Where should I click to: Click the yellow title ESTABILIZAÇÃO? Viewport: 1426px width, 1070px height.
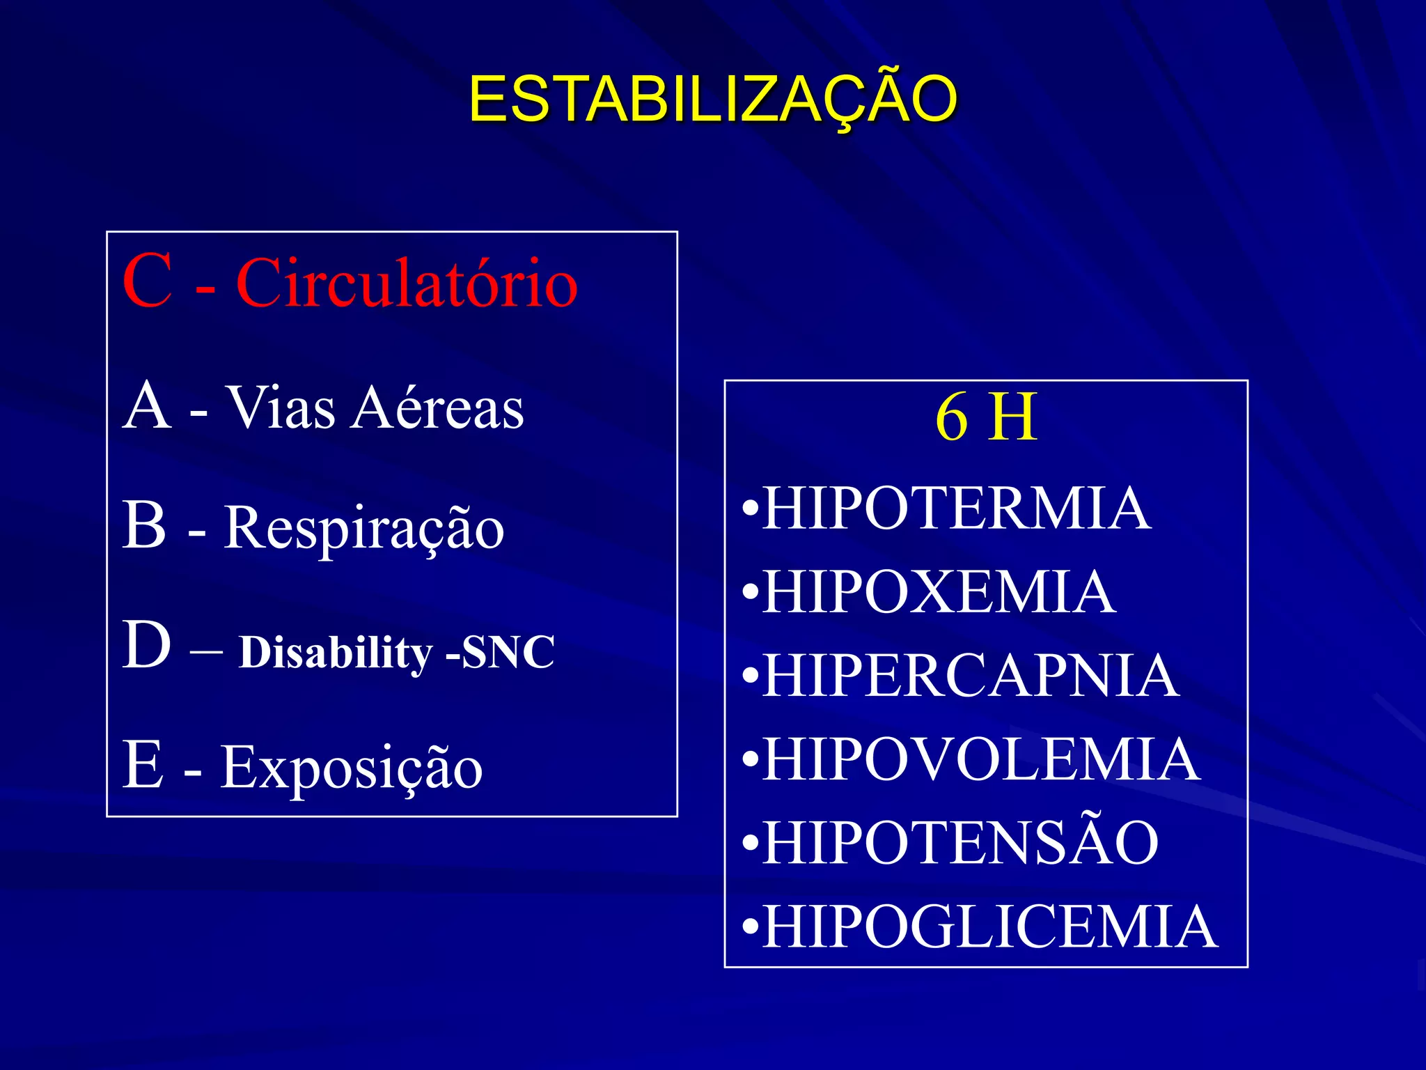point(713,100)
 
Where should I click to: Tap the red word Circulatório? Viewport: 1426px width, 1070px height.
point(407,283)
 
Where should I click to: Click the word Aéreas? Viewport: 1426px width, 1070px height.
point(437,408)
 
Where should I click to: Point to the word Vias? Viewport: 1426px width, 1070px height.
point(281,408)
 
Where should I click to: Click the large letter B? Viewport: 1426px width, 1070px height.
point(145,525)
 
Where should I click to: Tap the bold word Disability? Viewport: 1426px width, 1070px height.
point(336,653)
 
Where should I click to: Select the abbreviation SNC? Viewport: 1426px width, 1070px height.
point(508,653)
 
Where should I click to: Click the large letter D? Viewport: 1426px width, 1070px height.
point(147,645)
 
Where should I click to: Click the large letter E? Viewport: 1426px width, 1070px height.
point(143,765)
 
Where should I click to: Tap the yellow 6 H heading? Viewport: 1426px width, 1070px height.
point(986,418)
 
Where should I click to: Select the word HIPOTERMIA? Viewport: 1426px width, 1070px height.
point(956,509)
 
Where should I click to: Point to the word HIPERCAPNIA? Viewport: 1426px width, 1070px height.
point(971,676)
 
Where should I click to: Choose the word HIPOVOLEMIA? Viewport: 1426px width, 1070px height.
point(981,759)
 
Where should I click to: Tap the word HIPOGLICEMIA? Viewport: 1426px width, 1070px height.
point(989,926)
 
